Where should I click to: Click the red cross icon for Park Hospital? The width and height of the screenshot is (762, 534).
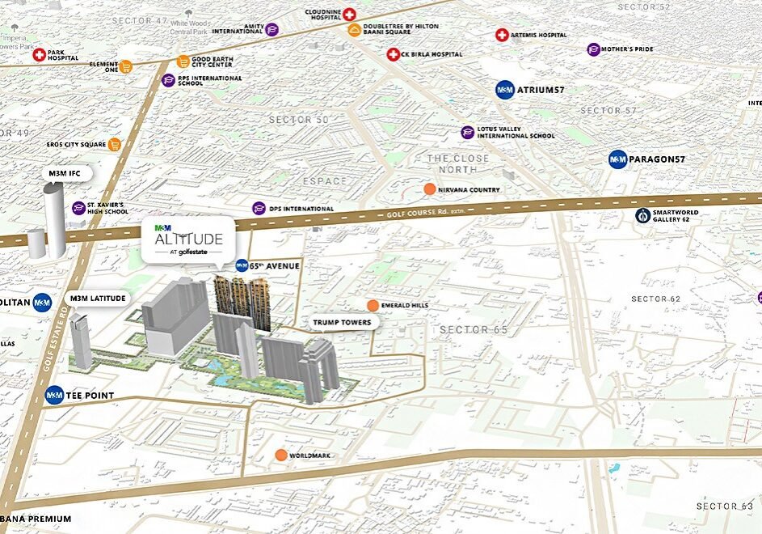[x=39, y=54]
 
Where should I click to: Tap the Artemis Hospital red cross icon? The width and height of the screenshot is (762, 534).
[x=502, y=35]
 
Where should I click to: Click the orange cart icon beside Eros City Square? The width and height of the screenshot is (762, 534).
[x=115, y=145]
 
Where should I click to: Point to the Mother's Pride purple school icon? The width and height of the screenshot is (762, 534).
[x=594, y=49]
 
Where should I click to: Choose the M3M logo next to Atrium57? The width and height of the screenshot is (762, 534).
[x=505, y=90]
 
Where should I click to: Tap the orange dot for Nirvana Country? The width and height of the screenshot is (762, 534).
[x=429, y=189]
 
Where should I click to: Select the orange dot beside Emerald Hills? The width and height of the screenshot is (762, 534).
[x=372, y=305]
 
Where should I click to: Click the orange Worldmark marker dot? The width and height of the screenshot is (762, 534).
[x=280, y=456]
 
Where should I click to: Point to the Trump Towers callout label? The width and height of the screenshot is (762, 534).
[x=343, y=322]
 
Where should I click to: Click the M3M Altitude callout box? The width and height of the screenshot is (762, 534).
[x=188, y=239]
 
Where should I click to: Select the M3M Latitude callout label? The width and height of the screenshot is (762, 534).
[x=97, y=299]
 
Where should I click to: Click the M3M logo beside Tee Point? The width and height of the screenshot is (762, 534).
[x=54, y=396]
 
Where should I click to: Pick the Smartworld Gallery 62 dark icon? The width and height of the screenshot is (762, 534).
[x=642, y=215]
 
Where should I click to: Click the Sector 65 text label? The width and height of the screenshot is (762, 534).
[x=474, y=330]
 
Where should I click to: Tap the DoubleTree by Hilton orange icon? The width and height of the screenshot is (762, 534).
[x=354, y=31]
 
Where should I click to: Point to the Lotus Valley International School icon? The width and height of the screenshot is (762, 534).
[x=467, y=132]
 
